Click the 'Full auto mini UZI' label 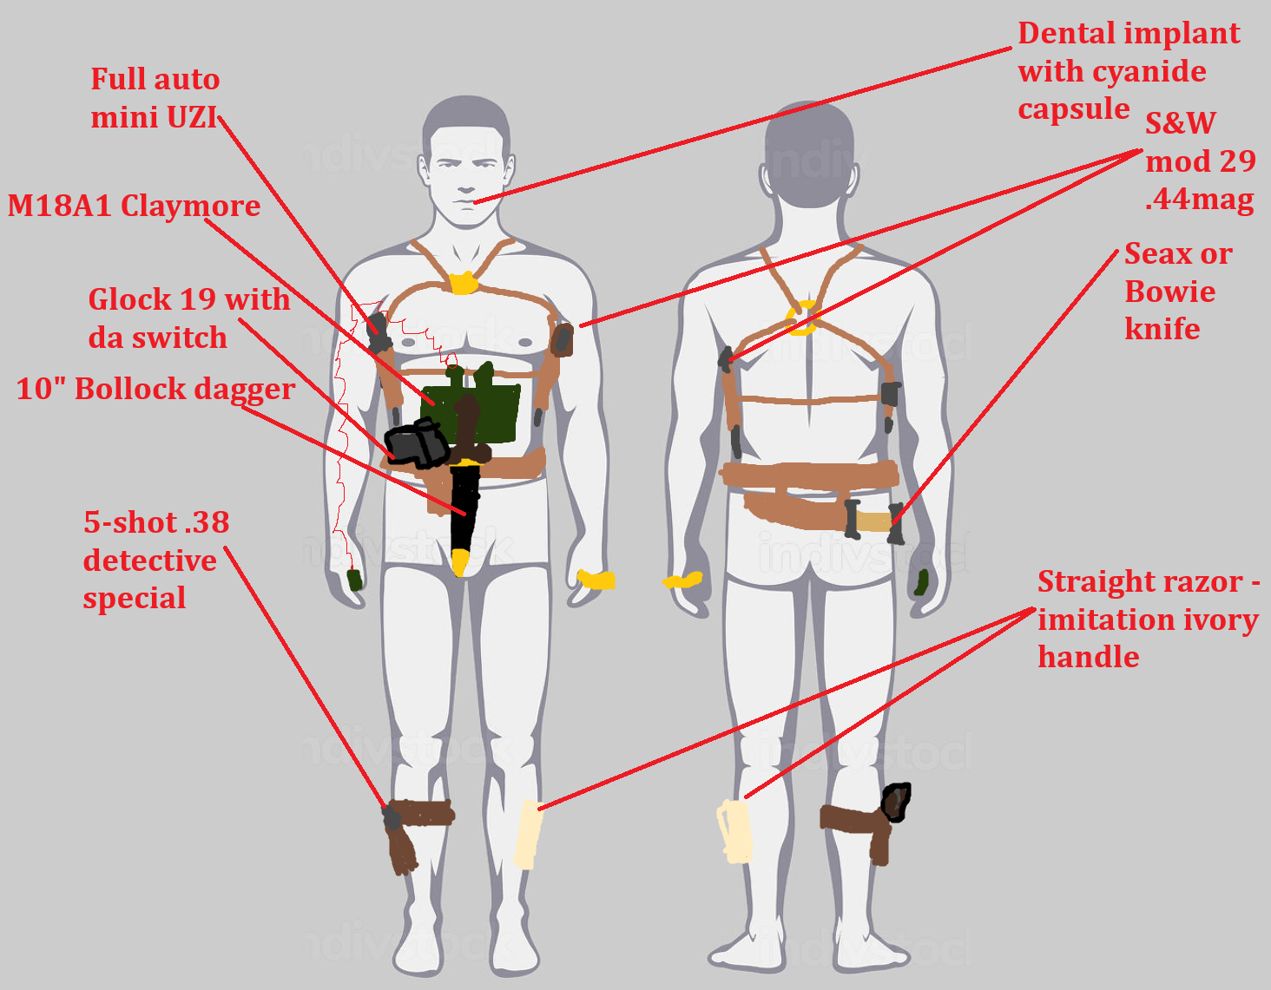point(155,98)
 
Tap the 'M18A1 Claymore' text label point(134,206)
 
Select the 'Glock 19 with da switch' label point(188,318)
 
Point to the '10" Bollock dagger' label point(155,389)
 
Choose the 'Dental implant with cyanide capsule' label point(1129,71)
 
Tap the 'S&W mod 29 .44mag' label point(1200,161)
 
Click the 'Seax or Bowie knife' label point(1177,292)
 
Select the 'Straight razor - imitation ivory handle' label point(1148,620)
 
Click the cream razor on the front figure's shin point(527,834)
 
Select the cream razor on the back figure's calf point(734,832)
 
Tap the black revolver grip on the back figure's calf point(896,802)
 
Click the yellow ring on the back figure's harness point(803,318)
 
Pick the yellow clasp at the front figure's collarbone point(464,283)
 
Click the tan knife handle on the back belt point(873,521)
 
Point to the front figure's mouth point(466,201)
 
